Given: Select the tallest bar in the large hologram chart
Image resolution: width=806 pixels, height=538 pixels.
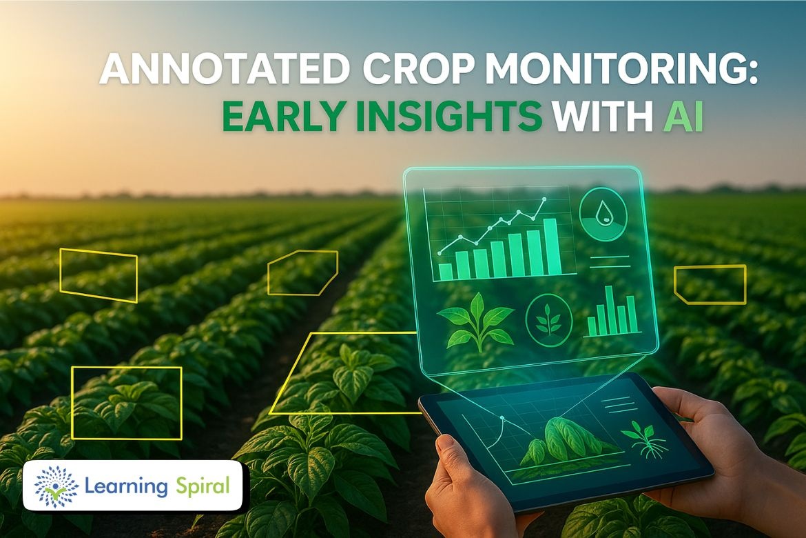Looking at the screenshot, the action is point(552,247).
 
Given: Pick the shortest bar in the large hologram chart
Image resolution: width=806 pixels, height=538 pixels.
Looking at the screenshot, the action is point(446,272).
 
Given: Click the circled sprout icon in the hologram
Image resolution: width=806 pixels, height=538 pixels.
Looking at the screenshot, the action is point(549,320).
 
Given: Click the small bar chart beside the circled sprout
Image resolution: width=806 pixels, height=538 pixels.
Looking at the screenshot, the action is point(612,312).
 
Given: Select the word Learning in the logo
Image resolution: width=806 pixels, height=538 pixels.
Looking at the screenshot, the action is point(126,486).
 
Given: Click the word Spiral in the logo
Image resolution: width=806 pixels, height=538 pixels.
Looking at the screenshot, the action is point(203,486).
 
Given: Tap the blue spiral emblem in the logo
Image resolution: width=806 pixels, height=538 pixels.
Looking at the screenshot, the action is point(56,486).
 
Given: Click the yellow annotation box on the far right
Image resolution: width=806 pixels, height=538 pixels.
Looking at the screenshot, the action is point(710,284).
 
